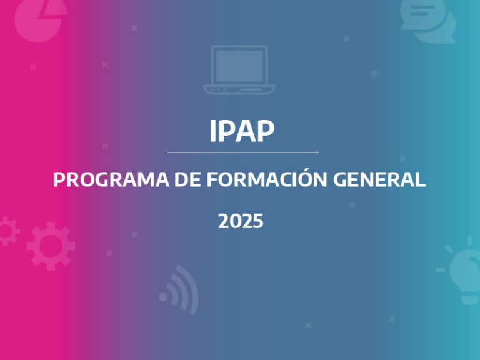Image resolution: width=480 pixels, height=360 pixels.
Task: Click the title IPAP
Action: coord(242,130)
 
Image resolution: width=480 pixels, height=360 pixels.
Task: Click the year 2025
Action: coord(241,221)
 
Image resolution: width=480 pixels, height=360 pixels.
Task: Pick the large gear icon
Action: coord(51,245)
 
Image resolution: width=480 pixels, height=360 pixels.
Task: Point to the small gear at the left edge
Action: coord(6,231)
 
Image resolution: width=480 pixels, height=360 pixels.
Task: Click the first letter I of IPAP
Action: coord(213,130)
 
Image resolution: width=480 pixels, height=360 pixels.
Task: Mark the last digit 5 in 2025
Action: coord(257,221)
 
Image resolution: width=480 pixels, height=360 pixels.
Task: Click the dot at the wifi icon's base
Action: coord(164,297)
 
